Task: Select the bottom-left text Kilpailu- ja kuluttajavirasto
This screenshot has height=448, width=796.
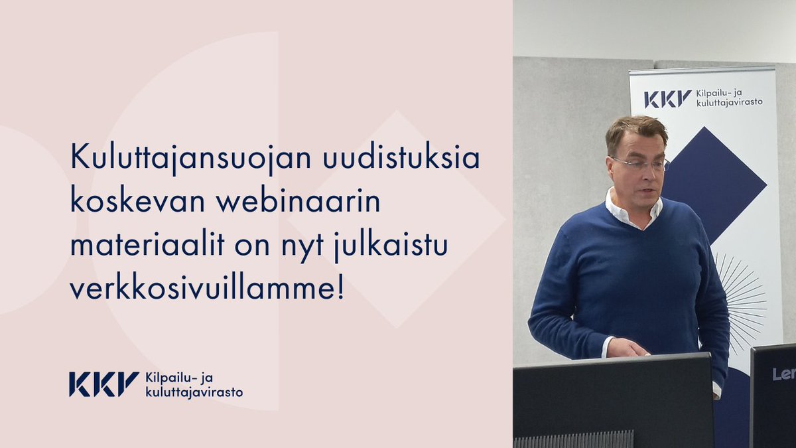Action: [x=193, y=385]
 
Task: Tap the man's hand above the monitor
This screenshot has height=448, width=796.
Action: [x=626, y=347]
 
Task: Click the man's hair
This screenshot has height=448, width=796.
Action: [x=635, y=129]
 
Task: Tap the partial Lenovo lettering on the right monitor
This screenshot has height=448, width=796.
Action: [x=783, y=374]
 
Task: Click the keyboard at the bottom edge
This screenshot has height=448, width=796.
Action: [x=574, y=440]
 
